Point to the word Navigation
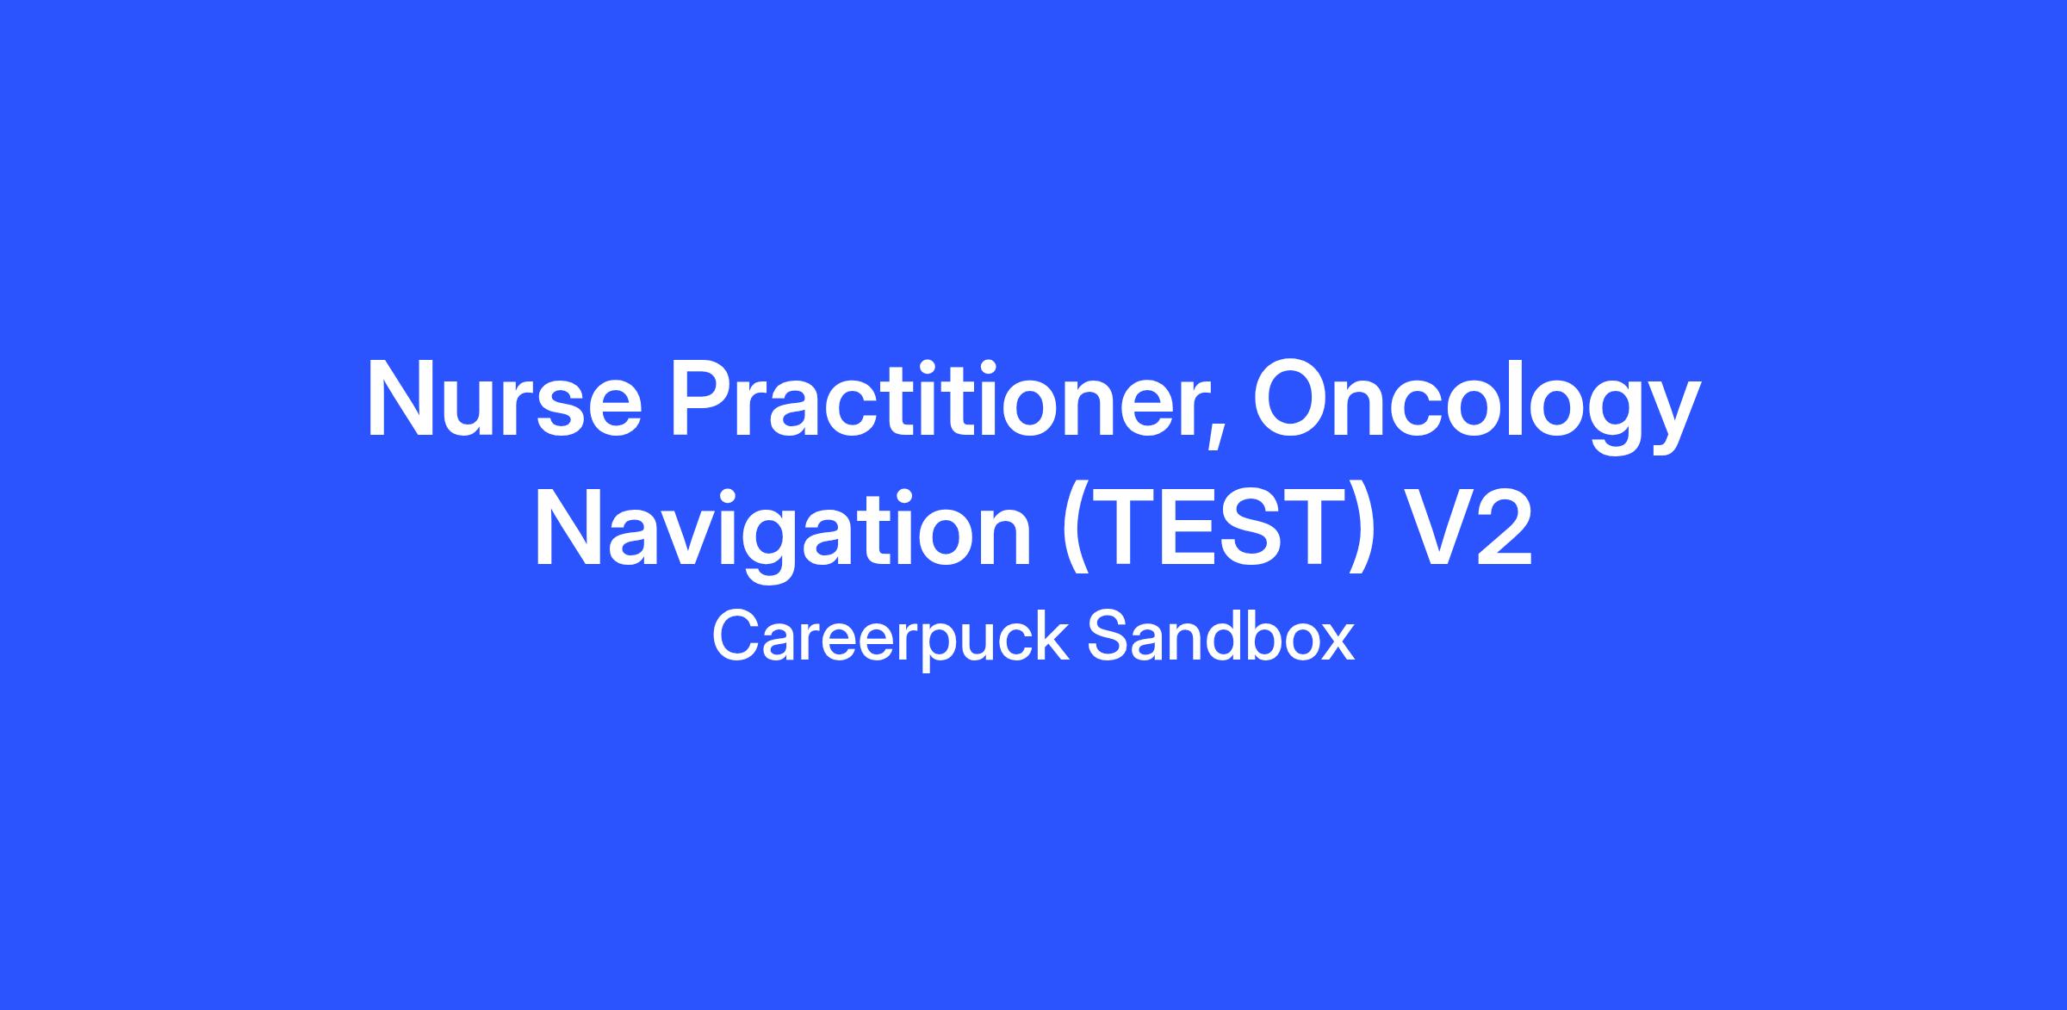click(x=783, y=534)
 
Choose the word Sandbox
click(x=1220, y=636)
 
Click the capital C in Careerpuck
click(x=737, y=636)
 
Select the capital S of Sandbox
click(x=1108, y=636)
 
